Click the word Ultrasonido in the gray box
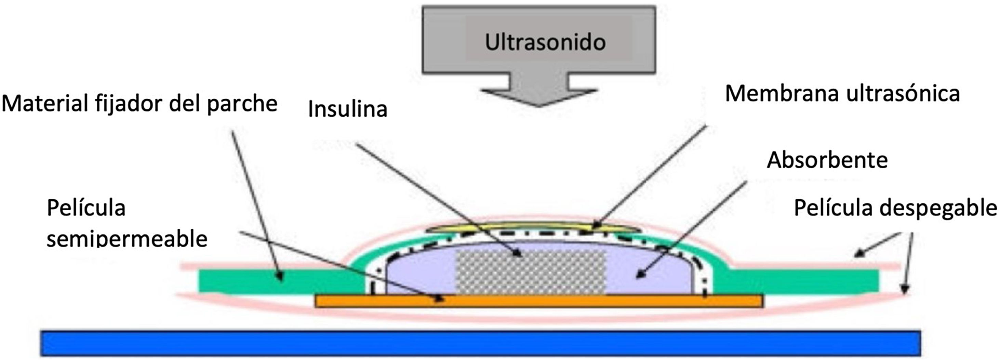coord(545,42)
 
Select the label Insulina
coord(347,109)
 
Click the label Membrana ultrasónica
coord(842,94)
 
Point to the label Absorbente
coord(827,160)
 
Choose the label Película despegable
coord(895,208)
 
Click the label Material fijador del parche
coord(139,104)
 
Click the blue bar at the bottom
coord(481,343)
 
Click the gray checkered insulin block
coord(530,272)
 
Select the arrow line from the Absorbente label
coord(691,229)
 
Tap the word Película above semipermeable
coord(86,208)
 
